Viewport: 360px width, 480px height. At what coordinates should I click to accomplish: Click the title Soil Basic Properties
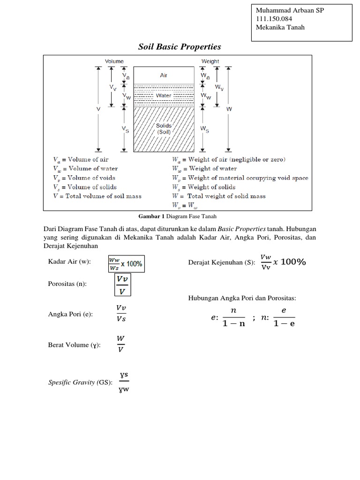pyautogui.click(x=179, y=47)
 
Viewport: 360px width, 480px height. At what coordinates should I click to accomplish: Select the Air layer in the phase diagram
pyautogui.click(x=163, y=75)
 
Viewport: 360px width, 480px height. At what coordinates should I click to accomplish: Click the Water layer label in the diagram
pyautogui.click(x=164, y=96)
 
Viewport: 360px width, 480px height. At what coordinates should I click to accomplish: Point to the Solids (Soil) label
pyautogui.click(x=164, y=129)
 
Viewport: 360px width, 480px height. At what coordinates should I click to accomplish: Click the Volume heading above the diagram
pyautogui.click(x=114, y=61)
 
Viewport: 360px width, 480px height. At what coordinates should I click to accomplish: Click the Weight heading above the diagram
pyautogui.click(x=210, y=61)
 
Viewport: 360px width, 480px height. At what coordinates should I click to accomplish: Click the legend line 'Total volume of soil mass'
pyautogui.click(x=97, y=196)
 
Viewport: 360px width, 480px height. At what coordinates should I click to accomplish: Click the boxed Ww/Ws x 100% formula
pyautogui.click(x=125, y=264)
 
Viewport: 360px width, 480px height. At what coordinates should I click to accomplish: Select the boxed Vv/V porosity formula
pyautogui.click(x=122, y=285)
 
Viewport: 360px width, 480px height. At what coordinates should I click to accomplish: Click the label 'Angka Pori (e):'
pyautogui.click(x=70, y=314)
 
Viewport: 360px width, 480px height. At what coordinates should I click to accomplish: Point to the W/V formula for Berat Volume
pyautogui.click(x=121, y=344)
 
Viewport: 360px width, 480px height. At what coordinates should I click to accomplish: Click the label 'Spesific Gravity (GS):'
pyautogui.click(x=80, y=382)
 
